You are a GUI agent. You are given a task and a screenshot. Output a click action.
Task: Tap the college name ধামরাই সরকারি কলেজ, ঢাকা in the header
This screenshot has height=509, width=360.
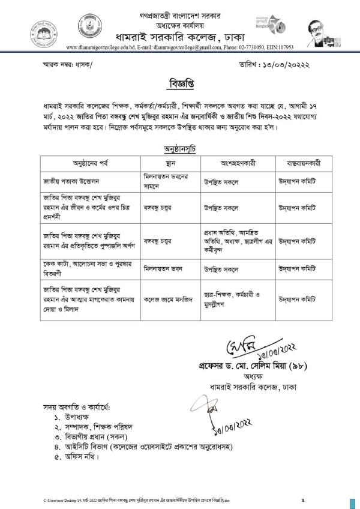point(180,37)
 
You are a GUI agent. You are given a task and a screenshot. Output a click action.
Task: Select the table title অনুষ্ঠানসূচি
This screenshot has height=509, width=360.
point(180,148)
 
